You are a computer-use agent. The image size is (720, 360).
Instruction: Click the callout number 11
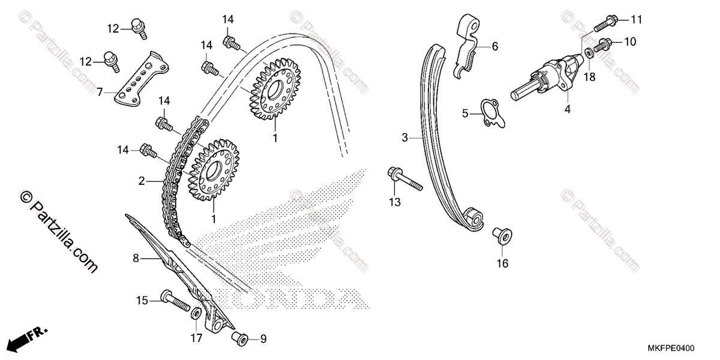coord(636,20)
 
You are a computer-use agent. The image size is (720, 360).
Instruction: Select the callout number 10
coord(630,41)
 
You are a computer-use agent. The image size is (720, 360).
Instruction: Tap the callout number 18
coord(589,77)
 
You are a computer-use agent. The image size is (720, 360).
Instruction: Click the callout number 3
coord(405,138)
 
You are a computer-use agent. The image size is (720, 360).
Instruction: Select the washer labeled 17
coord(196,314)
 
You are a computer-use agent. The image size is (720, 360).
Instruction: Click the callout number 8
coord(136,259)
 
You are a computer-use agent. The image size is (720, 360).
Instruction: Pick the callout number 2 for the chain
coord(142,181)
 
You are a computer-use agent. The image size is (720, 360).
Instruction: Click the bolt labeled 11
coord(608,23)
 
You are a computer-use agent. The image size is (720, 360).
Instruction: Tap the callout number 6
coord(495,46)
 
